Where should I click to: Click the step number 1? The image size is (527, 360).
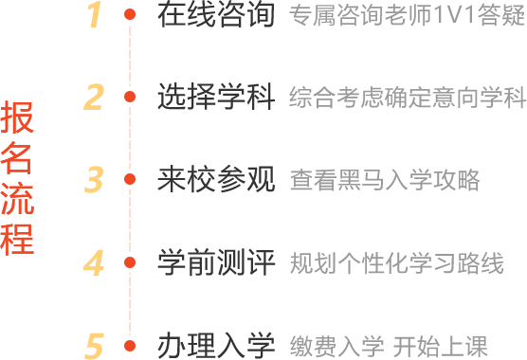point(93,14)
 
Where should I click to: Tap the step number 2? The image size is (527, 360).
point(93,97)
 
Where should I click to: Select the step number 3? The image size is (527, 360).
point(93,179)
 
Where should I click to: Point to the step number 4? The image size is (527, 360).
point(93,261)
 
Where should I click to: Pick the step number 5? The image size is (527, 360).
point(93,345)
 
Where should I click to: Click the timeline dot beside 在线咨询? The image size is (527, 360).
point(130,15)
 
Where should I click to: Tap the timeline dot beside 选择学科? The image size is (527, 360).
point(130,97)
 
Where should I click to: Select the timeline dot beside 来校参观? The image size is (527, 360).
point(130,178)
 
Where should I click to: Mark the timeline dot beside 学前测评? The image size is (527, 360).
point(130,261)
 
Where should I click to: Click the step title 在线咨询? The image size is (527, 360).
point(215,14)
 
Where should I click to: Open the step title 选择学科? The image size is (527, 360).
point(215,97)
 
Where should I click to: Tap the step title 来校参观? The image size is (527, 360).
point(215,179)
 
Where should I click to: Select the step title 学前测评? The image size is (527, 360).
point(215,261)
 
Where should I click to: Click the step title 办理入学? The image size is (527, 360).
point(215,345)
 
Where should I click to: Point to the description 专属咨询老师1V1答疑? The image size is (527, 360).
point(407,14)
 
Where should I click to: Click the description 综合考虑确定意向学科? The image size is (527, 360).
point(407,98)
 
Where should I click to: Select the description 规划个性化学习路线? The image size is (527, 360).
point(395,262)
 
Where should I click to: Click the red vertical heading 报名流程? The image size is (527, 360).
point(18,177)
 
